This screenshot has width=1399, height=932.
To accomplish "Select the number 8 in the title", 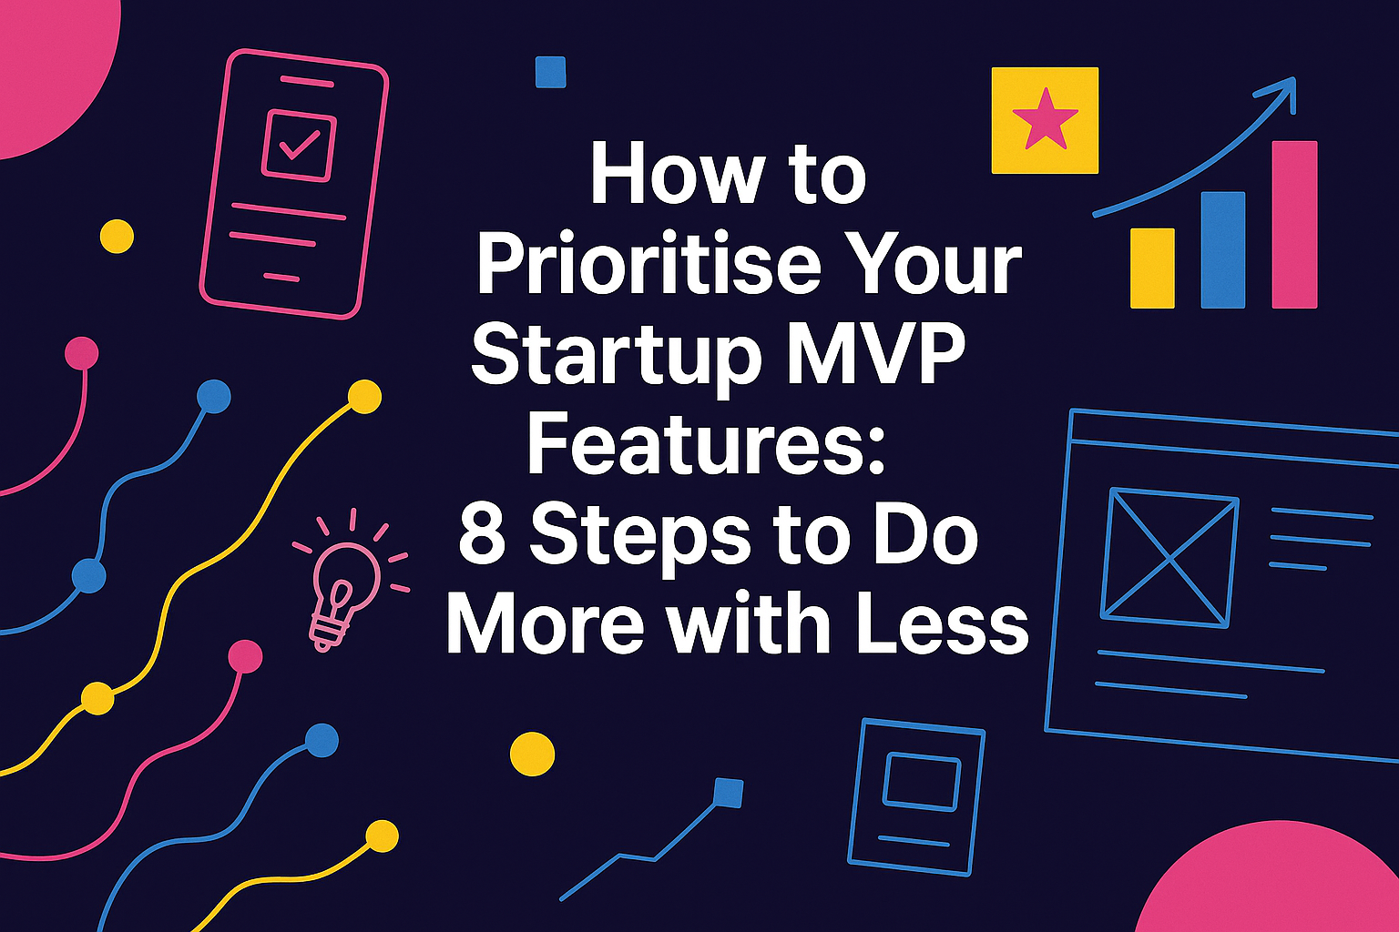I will [482, 535].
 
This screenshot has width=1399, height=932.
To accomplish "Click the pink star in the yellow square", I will [1045, 119].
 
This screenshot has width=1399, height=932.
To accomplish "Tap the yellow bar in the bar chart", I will [1152, 268].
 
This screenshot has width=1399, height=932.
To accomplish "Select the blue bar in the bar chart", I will [1223, 249].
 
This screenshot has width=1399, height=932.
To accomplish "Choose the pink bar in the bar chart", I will [1294, 224].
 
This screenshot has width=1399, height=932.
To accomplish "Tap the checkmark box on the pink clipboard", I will [299, 146].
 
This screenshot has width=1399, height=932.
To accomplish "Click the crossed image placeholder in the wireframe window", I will [1169, 557].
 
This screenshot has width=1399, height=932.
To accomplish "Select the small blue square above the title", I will [551, 72].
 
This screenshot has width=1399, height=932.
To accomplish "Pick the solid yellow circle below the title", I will [532, 754].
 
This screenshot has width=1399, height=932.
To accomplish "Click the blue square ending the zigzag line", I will [728, 793].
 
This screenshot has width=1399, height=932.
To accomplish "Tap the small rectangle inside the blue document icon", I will [921, 781].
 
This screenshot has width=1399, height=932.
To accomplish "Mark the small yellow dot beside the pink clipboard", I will [117, 237].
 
